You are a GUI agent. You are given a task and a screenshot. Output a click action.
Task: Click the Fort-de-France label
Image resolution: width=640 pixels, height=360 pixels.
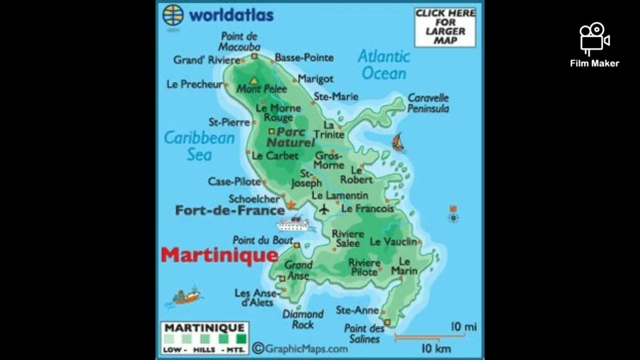(x=229, y=210)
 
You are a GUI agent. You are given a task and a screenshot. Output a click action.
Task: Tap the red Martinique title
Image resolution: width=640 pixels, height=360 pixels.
(x=219, y=255)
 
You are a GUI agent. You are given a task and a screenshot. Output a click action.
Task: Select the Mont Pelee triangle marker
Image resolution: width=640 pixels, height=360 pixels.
(x=254, y=80)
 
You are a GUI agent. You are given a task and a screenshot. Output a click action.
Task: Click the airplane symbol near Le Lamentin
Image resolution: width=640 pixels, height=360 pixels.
(x=324, y=209)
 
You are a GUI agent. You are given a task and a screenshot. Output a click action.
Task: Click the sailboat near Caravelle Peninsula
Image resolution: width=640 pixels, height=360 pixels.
(x=398, y=142)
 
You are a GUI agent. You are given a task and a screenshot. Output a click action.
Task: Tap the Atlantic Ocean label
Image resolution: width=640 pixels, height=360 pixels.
(x=383, y=65)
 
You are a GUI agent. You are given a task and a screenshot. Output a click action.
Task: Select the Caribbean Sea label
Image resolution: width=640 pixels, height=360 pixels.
(x=199, y=146)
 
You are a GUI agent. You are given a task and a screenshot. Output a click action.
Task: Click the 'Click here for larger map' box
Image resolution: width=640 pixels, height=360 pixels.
(x=445, y=27)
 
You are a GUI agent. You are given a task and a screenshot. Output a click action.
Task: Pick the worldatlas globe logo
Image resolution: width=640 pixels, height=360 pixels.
(x=173, y=15)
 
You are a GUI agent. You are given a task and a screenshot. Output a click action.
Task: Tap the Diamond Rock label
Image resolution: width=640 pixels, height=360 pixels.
(x=303, y=319)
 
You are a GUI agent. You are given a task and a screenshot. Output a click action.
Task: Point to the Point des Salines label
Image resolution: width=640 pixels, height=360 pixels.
(x=364, y=333)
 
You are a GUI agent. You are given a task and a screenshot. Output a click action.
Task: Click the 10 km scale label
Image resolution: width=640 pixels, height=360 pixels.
(x=436, y=348)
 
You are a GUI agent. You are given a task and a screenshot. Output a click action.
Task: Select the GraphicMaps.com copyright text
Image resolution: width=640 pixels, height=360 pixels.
(x=300, y=348)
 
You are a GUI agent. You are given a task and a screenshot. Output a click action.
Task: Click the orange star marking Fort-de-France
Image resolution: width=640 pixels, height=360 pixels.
(x=291, y=205)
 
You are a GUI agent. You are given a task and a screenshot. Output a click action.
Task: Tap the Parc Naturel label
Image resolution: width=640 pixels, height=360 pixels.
(x=290, y=137)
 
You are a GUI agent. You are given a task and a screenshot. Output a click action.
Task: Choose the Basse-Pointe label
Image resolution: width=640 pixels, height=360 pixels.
(x=304, y=57)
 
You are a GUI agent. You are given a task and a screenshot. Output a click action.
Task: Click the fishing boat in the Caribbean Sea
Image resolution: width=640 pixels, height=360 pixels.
(x=186, y=296)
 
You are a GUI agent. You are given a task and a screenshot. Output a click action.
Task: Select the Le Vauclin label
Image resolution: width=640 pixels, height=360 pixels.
(x=393, y=242)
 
